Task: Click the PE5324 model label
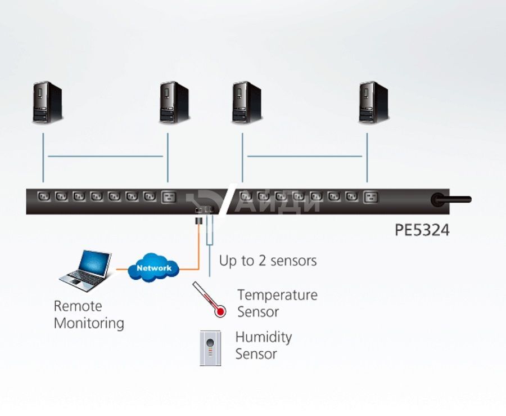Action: [x=422, y=230]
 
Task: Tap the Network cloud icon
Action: [x=153, y=267]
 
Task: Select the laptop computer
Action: [x=86, y=271]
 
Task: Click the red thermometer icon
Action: [x=210, y=299]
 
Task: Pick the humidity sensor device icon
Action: [x=210, y=348]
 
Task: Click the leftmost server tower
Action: [x=47, y=102]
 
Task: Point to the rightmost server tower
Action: [x=374, y=102]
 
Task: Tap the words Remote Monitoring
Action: [x=89, y=315]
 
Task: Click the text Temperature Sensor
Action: [x=278, y=303]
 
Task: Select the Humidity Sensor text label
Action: [x=264, y=345]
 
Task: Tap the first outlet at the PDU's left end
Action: [x=44, y=196]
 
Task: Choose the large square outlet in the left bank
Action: [x=169, y=197]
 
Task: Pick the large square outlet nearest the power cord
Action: [x=371, y=197]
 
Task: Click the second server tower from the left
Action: [x=174, y=102]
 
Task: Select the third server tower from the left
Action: [x=247, y=102]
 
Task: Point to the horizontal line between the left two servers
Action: [x=105, y=156]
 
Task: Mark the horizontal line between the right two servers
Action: [x=305, y=156]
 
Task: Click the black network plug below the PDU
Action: [x=199, y=222]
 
